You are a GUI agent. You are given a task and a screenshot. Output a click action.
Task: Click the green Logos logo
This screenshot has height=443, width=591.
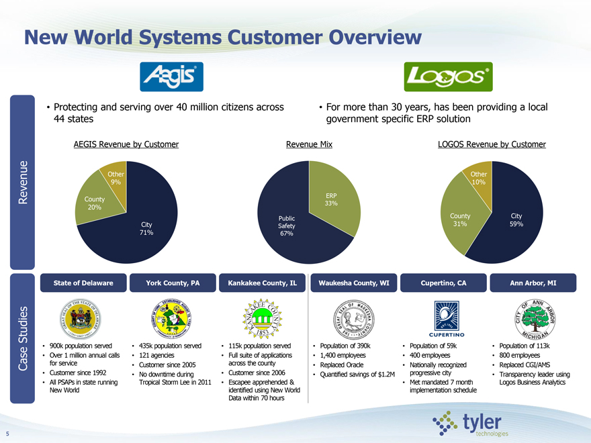(447, 77)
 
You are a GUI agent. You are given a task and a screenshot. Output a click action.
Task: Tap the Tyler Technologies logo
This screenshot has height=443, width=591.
(471, 424)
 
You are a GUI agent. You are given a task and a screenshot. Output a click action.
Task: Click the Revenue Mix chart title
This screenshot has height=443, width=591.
(309, 144)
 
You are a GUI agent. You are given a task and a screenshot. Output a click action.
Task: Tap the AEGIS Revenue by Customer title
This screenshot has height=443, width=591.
(126, 144)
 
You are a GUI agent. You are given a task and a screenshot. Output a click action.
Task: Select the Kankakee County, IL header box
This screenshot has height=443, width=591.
(263, 283)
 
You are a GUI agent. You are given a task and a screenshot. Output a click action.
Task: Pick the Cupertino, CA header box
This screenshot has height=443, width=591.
(442, 283)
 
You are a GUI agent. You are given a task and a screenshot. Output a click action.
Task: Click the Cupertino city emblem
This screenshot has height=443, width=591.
(442, 314)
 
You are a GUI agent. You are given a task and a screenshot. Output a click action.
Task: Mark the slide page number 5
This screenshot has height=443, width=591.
(6, 432)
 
